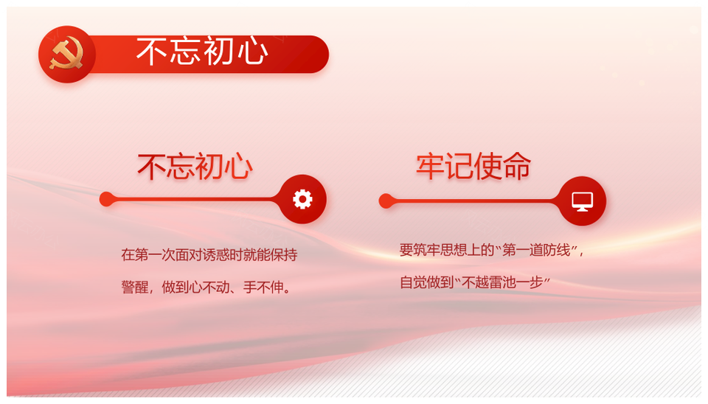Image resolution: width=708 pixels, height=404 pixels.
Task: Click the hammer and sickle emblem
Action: [67, 54]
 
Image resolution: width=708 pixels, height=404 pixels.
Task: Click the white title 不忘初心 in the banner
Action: [202, 51]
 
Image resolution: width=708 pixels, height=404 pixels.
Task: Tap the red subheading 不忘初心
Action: [195, 167]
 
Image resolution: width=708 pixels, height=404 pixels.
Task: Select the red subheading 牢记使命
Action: [473, 166]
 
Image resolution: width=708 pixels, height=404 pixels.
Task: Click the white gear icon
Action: [302, 199]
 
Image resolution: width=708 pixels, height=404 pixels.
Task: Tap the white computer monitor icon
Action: [583, 201]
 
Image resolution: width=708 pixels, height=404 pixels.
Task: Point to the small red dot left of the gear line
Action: [107, 199]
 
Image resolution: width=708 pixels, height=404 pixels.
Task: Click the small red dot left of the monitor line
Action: [386, 201]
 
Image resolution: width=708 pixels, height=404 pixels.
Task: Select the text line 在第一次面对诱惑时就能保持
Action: [209, 255]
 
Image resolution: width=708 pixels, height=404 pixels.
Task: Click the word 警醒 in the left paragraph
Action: [134, 287]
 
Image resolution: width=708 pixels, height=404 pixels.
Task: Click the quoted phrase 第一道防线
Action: [536, 250]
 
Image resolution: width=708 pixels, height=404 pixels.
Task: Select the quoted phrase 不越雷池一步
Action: [502, 282]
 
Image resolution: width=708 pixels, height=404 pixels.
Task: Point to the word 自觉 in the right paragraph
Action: [414, 282]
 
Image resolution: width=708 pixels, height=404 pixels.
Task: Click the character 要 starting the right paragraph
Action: [406, 250]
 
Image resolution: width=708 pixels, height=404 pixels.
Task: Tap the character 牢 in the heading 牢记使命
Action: [430, 166]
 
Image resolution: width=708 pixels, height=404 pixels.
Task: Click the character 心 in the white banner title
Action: [253, 51]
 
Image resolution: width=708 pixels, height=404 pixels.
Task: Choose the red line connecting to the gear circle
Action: [194, 199]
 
